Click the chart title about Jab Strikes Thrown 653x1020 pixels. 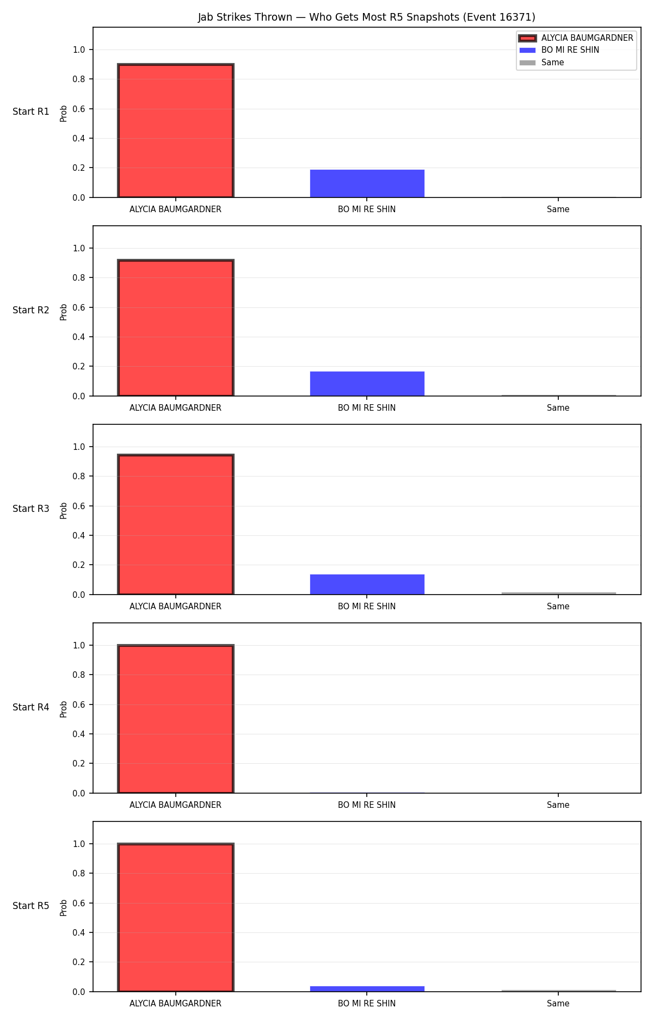click(x=366, y=17)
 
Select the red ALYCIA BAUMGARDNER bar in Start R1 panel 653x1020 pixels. click(x=176, y=131)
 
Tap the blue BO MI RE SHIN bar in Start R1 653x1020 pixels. click(x=367, y=183)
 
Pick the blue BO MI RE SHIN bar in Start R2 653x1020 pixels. click(x=367, y=384)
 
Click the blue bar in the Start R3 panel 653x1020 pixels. click(x=367, y=584)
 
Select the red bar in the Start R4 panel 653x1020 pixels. click(x=176, y=719)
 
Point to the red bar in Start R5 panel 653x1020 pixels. click(x=176, y=917)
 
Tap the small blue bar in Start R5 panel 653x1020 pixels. click(x=367, y=989)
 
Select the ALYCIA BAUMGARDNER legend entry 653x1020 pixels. click(x=576, y=38)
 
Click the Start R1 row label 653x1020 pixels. click(x=31, y=112)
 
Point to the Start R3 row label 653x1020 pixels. click(x=31, y=509)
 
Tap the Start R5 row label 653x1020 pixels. click(x=31, y=906)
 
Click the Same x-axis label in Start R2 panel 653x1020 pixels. click(x=558, y=408)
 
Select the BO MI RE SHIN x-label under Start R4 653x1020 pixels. click(x=367, y=805)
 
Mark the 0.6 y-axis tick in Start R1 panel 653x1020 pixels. click(x=79, y=109)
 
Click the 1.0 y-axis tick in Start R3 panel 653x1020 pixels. click(x=79, y=447)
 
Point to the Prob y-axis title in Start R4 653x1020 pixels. click(x=64, y=709)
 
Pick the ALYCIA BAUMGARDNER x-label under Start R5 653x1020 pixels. click(x=175, y=1004)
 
